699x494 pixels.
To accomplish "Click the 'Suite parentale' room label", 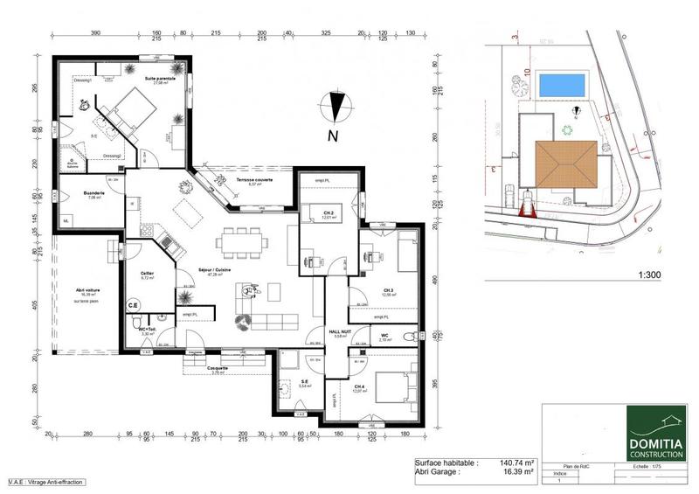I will point(160,78).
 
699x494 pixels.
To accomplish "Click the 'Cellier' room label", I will point(147,274).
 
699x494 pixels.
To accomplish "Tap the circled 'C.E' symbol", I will point(134,305).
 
